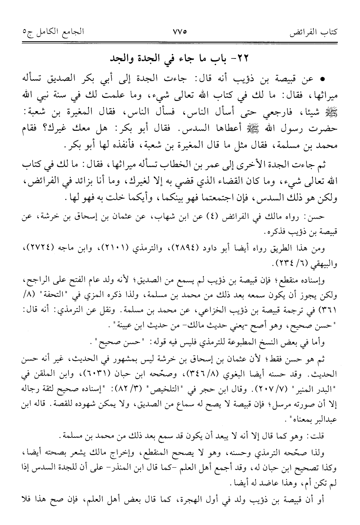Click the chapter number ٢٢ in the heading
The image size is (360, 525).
click(x=243, y=59)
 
